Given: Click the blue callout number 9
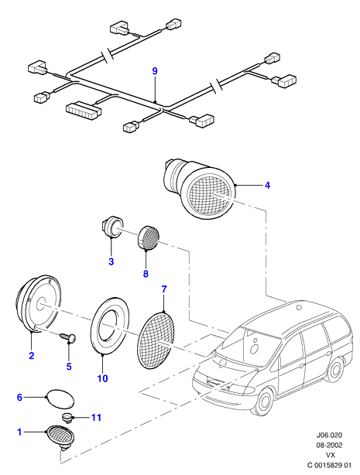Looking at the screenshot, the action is click(155, 71).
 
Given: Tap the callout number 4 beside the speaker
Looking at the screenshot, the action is click(267, 185).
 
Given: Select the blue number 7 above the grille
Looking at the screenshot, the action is click(164, 289).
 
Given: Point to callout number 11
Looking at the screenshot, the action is click(96, 418).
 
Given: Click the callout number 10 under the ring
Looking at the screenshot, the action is click(102, 378).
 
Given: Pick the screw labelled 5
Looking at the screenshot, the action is click(68, 338).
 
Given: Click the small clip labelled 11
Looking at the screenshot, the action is click(66, 419).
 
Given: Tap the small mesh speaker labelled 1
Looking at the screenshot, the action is click(61, 436).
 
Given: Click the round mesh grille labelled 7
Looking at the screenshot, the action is click(156, 340).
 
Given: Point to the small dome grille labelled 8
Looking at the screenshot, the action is click(149, 239).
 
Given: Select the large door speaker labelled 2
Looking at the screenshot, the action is click(39, 304).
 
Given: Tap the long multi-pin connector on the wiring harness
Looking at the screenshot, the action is click(84, 111).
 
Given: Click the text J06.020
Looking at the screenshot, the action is click(329, 436).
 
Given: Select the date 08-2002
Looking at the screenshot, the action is click(329, 446).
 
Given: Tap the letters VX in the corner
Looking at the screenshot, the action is click(331, 455).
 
